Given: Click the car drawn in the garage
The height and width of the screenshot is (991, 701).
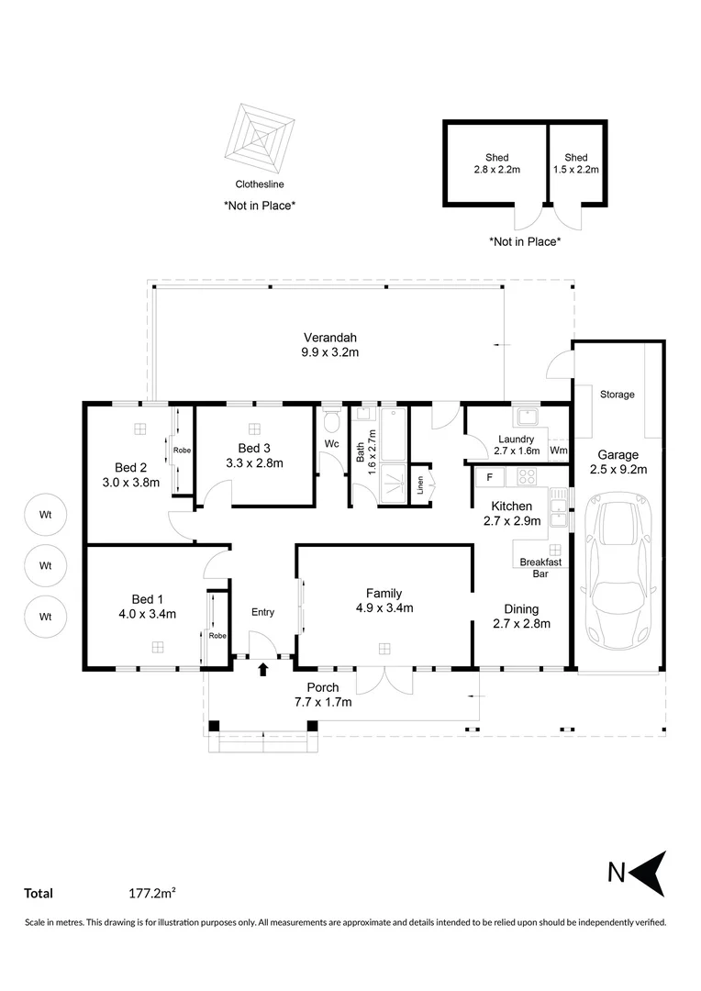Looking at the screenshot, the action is click(x=618, y=570).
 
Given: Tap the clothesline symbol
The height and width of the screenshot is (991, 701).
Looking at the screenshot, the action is click(x=259, y=139).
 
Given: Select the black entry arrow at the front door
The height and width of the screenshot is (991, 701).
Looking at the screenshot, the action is click(x=263, y=669).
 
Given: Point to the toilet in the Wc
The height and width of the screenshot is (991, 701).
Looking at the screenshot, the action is click(x=332, y=419).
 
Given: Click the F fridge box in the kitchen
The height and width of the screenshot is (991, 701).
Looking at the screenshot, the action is click(x=489, y=478).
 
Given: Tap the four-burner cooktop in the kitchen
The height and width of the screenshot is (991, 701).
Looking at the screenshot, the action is click(x=526, y=476).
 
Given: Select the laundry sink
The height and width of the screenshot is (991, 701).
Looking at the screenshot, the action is click(x=526, y=417).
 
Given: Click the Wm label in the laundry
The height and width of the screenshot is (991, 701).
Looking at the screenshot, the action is click(x=558, y=451).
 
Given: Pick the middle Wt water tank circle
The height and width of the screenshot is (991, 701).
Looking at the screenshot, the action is click(x=46, y=565).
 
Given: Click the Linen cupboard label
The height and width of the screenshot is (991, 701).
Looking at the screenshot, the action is click(x=419, y=485).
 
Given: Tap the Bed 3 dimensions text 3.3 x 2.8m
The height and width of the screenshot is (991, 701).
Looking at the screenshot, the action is click(x=254, y=462).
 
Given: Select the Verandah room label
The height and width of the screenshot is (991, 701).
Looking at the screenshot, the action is click(x=330, y=338).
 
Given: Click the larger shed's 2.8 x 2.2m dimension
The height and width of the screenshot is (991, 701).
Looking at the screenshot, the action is click(x=496, y=170).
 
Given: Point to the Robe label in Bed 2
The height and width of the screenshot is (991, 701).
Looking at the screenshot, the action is click(x=182, y=451).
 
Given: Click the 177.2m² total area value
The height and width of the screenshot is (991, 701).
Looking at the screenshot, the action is click(x=151, y=893).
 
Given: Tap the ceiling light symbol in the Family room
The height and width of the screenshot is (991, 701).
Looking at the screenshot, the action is click(x=384, y=649).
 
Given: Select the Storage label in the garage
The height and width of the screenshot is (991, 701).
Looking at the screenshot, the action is click(x=617, y=395).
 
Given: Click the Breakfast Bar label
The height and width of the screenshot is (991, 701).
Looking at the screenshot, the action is click(x=540, y=568).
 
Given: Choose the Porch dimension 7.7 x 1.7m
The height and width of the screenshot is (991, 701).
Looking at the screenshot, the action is click(x=323, y=702).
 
